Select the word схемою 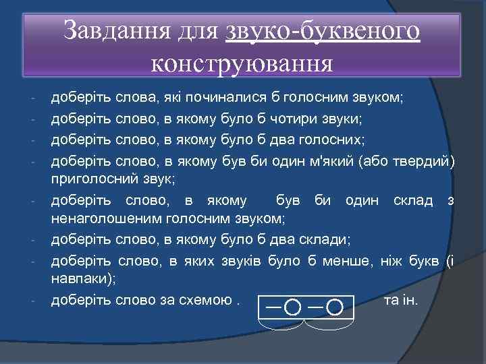coord(209,300)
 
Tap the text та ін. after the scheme coord(400,299)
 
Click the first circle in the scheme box coord(293,307)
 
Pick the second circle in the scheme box coord(333,307)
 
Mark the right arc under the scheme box coord(329,326)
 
